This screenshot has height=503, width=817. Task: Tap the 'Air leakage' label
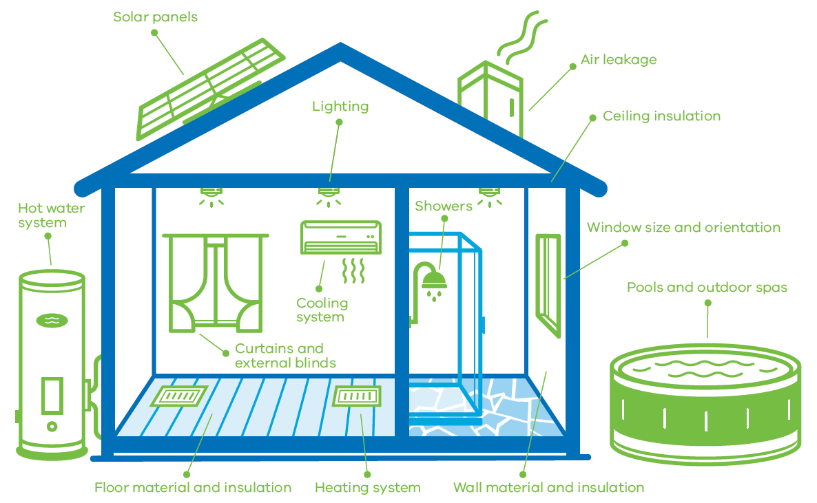(x=619, y=60)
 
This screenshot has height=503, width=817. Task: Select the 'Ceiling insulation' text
(x=661, y=116)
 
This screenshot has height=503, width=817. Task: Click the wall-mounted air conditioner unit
(x=341, y=237)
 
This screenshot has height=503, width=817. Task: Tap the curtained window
(x=216, y=283)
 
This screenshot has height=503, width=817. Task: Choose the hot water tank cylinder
(x=52, y=365)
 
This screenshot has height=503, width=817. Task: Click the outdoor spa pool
(x=705, y=404)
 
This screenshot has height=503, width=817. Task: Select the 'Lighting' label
(x=340, y=107)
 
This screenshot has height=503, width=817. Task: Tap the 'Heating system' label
(x=367, y=488)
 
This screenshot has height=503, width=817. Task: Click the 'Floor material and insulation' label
(x=193, y=488)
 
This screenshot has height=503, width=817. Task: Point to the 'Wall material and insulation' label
(x=548, y=488)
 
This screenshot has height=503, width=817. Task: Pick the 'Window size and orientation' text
(x=683, y=228)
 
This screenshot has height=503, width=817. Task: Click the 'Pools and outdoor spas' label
(x=707, y=288)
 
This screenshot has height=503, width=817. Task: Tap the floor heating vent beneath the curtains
(x=179, y=396)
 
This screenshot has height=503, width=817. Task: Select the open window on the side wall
(x=548, y=286)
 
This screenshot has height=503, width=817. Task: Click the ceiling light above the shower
(x=489, y=197)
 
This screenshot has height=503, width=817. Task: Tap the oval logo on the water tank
(x=52, y=320)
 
